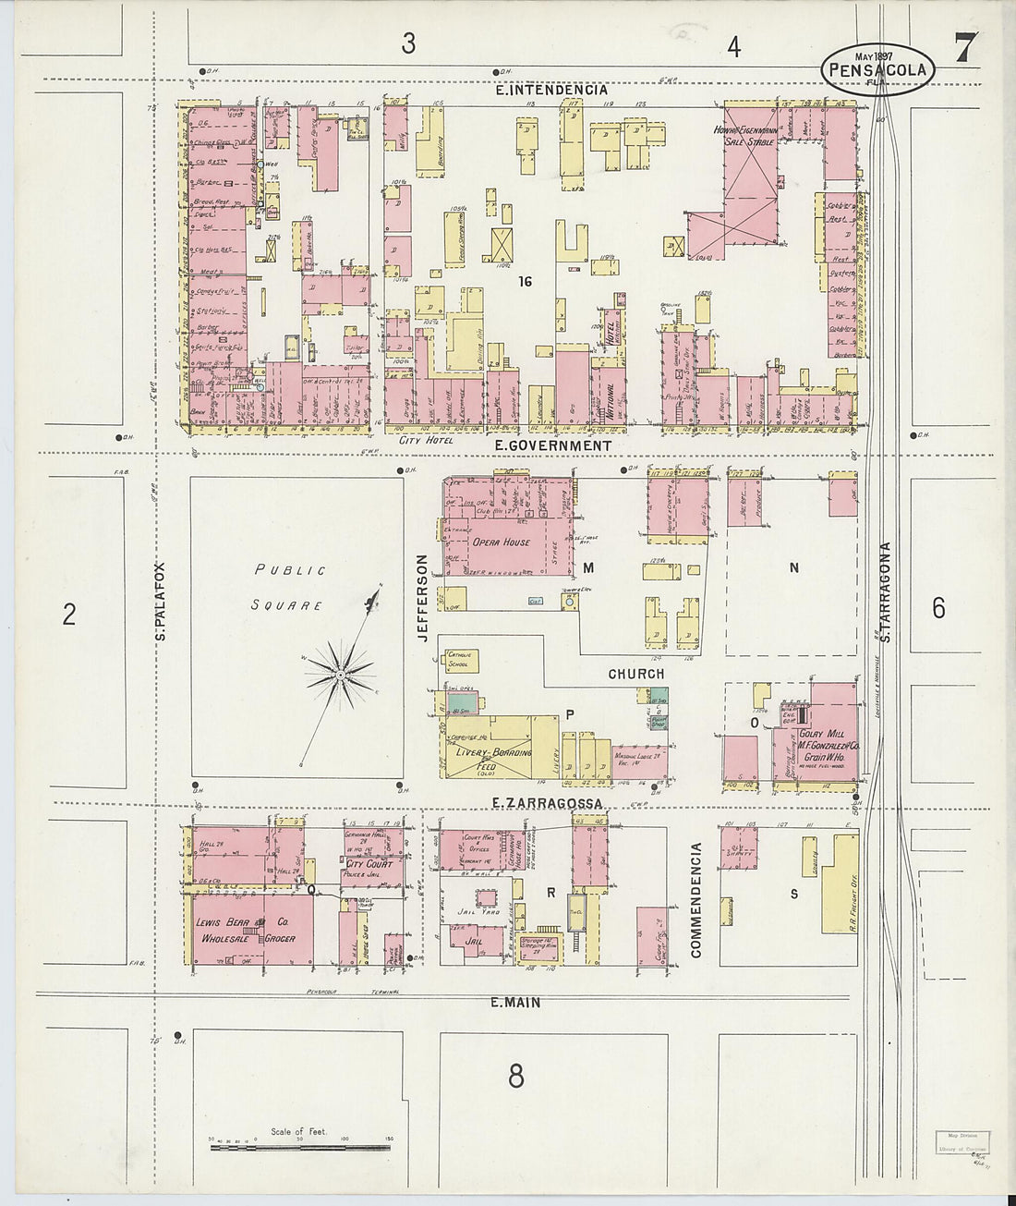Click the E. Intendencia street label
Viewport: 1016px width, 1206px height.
tap(551, 91)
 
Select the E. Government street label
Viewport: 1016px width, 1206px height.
tap(552, 445)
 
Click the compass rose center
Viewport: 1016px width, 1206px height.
tap(341, 676)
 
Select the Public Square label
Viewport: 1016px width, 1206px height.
tap(290, 588)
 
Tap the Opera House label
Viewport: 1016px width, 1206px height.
tap(502, 542)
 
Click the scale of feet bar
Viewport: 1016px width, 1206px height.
tap(301, 1148)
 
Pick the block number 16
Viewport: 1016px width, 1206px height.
tap(526, 281)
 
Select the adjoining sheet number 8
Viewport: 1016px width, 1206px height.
tap(515, 1076)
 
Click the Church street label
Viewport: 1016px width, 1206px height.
tap(635, 674)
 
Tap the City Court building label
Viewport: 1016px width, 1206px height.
tap(369, 864)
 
